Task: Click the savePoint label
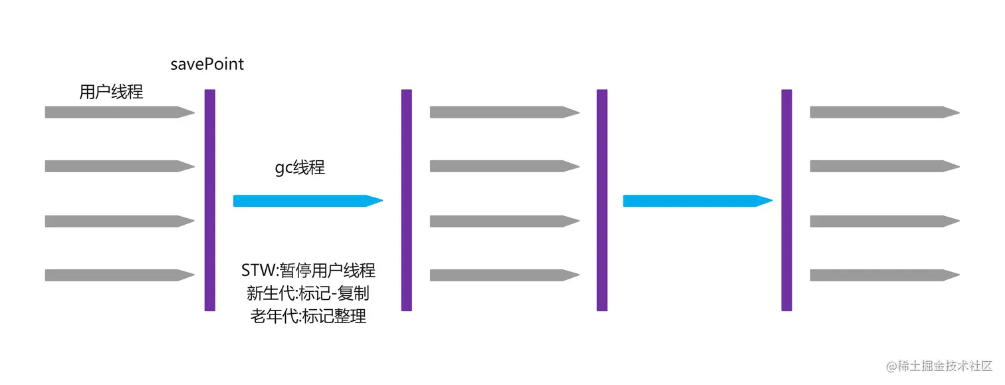(x=207, y=64)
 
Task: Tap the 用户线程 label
(x=111, y=92)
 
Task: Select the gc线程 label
(x=300, y=168)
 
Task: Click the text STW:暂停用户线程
(x=308, y=271)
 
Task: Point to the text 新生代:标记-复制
(x=308, y=293)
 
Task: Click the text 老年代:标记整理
(x=308, y=317)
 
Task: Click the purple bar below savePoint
(x=210, y=199)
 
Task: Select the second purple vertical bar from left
(x=407, y=199)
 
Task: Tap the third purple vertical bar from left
(x=602, y=199)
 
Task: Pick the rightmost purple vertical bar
(x=787, y=199)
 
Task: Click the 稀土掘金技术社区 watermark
(x=939, y=366)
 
